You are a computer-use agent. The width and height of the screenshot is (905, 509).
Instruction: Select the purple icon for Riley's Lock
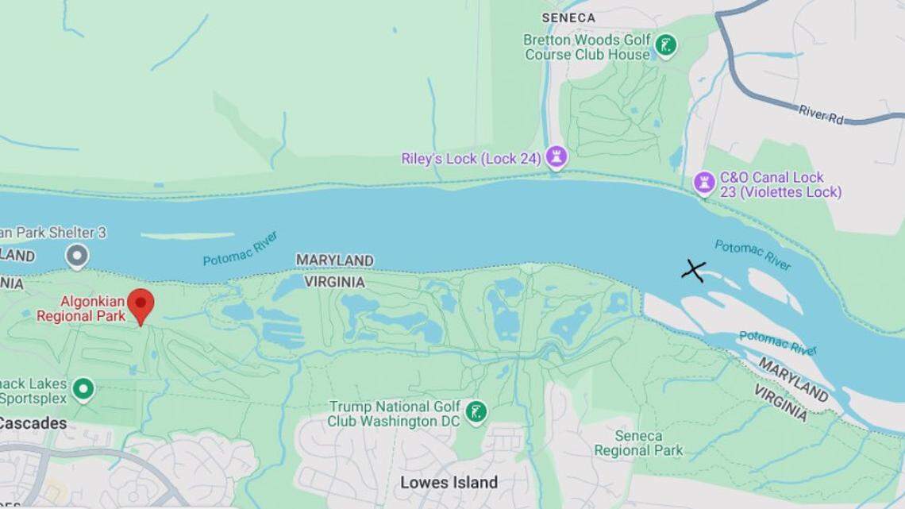coord(556,158)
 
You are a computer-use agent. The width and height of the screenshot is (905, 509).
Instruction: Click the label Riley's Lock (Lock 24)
coord(471,159)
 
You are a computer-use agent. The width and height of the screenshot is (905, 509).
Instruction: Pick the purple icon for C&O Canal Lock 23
coord(704,183)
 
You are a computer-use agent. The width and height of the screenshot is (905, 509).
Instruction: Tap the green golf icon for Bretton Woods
coord(666,45)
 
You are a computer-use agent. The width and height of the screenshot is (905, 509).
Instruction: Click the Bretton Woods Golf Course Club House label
coord(587,47)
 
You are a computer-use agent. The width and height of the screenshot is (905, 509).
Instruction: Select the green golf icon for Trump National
coord(476,411)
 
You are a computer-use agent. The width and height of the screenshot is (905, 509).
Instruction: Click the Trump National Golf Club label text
coord(395,414)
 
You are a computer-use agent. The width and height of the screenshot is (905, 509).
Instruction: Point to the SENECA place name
coord(568,17)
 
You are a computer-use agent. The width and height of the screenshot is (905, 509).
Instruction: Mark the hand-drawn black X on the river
coord(693,271)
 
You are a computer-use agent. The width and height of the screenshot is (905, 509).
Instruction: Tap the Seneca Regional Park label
coord(638,443)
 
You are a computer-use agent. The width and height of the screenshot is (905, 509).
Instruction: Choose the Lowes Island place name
coord(449,482)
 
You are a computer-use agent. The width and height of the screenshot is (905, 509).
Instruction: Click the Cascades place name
coord(32,423)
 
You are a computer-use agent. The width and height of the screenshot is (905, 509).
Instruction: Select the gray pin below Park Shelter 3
coord(76,256)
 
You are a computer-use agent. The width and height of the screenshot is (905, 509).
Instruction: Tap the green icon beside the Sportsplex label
coord(83,390)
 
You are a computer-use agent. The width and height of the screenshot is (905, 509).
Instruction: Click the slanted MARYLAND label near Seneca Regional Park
coord(792,379)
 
